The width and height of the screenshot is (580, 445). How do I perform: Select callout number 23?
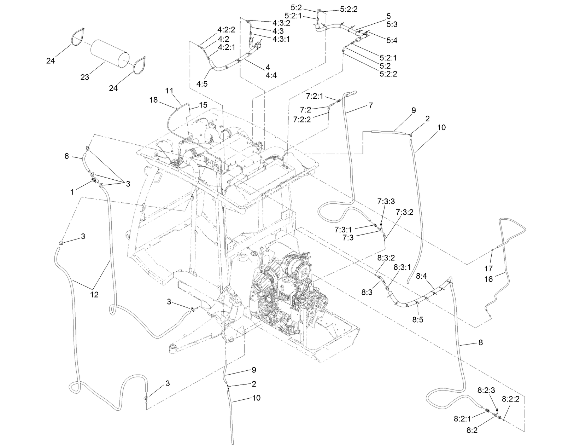84,77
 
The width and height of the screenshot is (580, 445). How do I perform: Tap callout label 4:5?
202,84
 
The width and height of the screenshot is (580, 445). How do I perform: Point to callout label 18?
153,100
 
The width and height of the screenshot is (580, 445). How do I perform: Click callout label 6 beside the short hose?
66,156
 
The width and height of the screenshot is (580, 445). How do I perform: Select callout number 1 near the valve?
72,192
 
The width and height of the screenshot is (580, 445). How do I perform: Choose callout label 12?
94,294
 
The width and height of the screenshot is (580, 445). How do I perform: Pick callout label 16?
488,279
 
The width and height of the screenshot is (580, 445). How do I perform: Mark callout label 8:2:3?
486,390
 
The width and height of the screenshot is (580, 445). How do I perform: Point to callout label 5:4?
392,41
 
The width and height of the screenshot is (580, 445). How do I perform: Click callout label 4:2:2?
227,29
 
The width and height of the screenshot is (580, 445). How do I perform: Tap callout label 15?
203,105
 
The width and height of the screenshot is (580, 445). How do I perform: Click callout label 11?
170,91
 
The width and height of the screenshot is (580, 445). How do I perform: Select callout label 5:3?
392,24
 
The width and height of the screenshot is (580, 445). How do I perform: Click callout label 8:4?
422,275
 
